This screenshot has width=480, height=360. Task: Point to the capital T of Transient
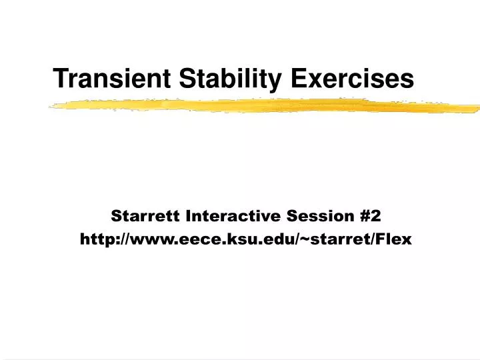click(61, 78)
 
